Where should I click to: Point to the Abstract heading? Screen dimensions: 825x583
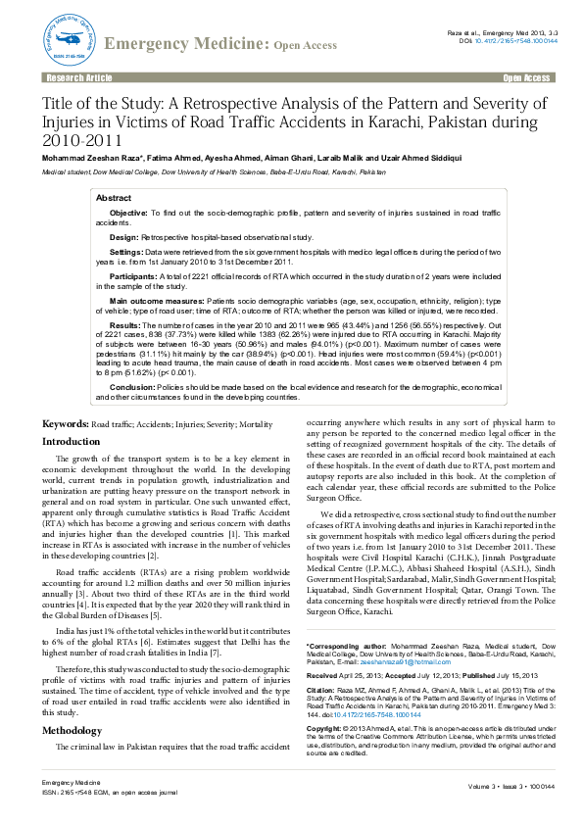click(x=114, y=198)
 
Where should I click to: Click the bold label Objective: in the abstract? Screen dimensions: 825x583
click(x=128, y=213)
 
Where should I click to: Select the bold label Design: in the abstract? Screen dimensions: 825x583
click(x=123, y=237)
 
